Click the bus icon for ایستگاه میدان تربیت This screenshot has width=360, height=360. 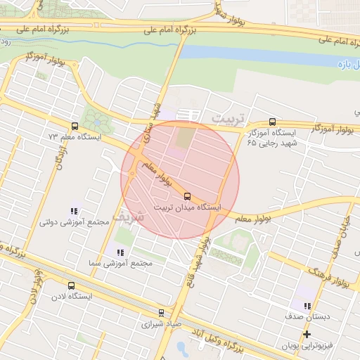click(187, 195)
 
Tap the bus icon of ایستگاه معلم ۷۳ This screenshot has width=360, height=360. click(75, 126)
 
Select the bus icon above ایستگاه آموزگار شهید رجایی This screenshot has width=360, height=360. click(272, 122)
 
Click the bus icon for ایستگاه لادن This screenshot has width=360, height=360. click(71, 285)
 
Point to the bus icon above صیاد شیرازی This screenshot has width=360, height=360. click(161, 313)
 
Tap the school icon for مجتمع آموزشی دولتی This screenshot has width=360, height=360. click(74, 210)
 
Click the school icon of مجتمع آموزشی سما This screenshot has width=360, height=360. click(120, 252)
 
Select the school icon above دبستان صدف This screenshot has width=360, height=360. click(307, 306)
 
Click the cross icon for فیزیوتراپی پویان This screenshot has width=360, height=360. click(307, 334)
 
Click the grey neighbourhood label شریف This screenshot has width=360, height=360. click(131, 216)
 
